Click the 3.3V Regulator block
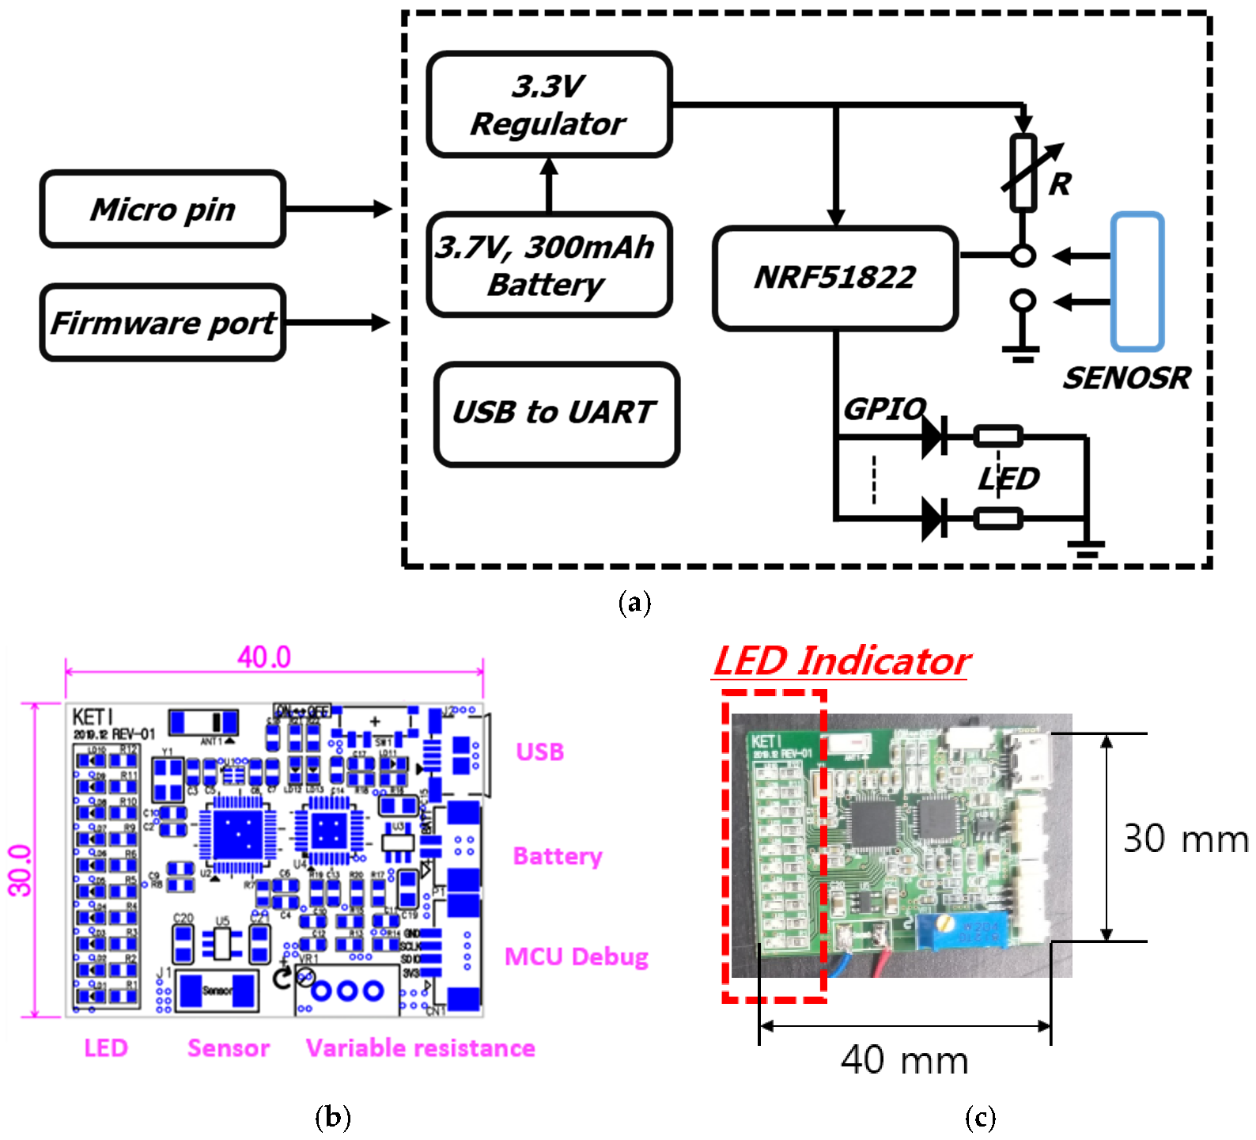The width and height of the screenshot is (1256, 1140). [x=549, y=104]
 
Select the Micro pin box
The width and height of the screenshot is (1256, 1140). [x=162, y=210]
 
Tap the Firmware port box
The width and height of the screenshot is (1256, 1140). [x=162, y=323]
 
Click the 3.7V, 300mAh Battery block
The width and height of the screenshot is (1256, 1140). [x=549, y=265]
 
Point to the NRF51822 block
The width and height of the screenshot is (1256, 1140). [x=835, y=278]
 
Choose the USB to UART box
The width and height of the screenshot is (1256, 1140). [x=556, y=413]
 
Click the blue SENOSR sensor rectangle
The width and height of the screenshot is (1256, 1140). [x=1137, y=281]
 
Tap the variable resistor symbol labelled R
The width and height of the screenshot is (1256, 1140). [x=1023, y=172]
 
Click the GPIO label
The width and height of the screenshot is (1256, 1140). [x=883, y=409]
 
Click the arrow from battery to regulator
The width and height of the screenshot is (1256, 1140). [x=549, y=185]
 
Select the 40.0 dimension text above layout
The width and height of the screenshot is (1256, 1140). [x=264, y=657]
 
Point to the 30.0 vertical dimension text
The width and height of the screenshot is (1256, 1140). [x=21, y=870]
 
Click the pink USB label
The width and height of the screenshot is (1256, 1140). [x=539, y=752]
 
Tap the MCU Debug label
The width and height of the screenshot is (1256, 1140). [x=576, y=957]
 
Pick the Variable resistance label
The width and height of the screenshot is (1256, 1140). [x=420, y=1048]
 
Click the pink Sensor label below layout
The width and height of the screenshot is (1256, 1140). [x=228, y=1048]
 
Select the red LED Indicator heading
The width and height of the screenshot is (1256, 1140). [x=842, y=661]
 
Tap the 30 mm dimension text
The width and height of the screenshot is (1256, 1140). [x=1184, y=839]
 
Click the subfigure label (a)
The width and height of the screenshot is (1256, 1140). [x=634, y=603]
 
